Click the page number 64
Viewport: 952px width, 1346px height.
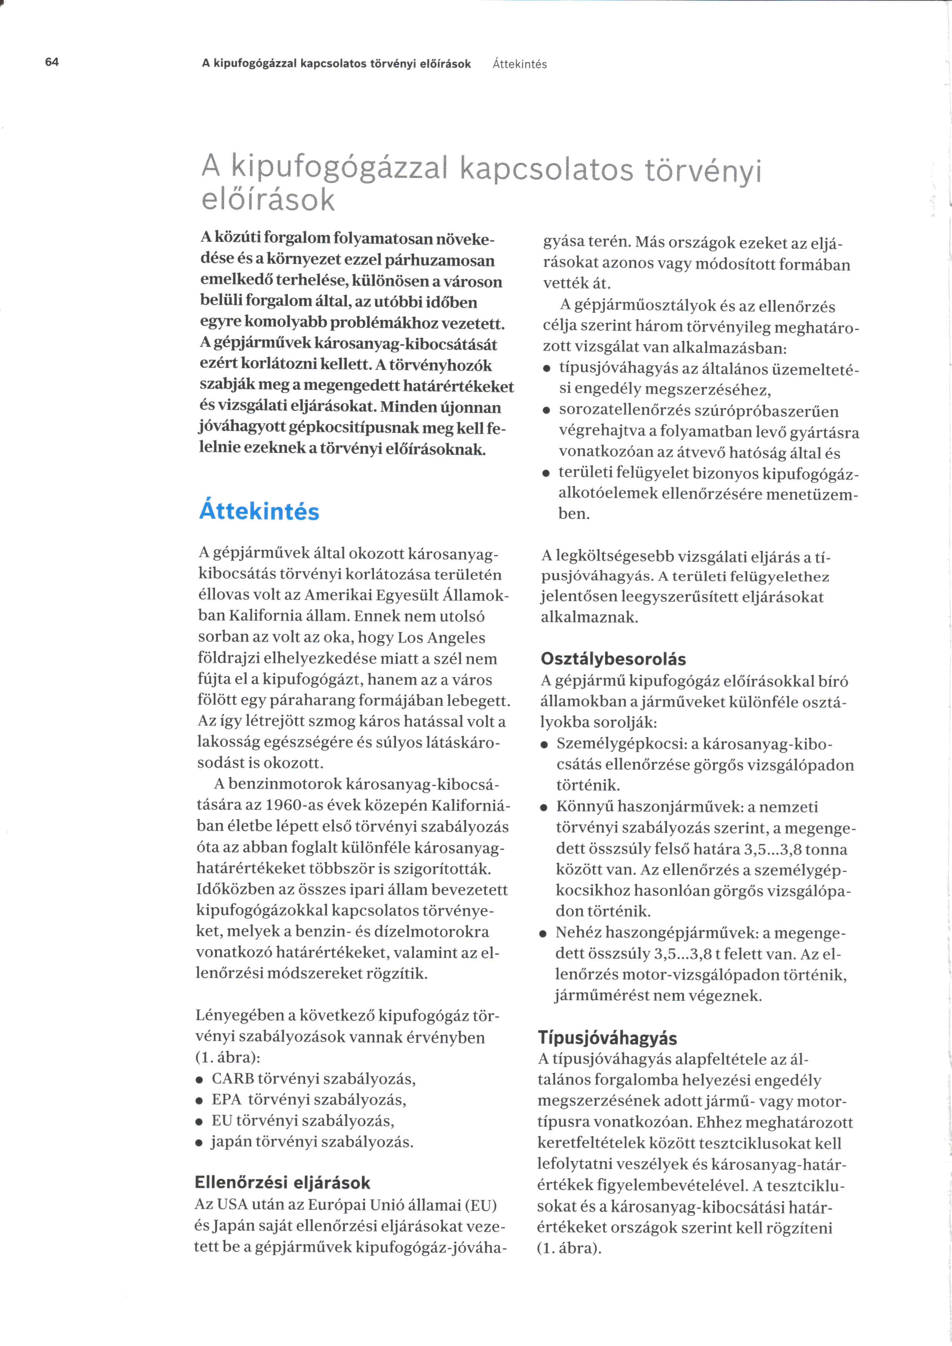point(51,62)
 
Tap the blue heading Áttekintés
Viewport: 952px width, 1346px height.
point(259,511)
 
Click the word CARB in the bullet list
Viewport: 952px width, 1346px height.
point(233,1078)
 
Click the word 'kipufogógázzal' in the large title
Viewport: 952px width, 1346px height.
point(340,168)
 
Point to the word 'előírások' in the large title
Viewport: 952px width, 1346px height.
point(268,200)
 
